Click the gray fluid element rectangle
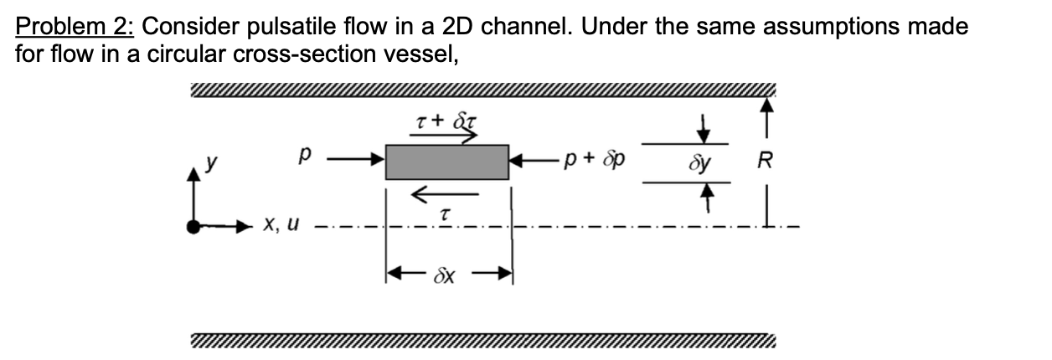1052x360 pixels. [446, 162]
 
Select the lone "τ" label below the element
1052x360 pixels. [446, 216]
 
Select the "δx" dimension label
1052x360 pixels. [446, 275]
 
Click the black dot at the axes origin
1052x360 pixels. [196, 225]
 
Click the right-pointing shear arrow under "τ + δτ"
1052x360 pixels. [446, 136]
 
